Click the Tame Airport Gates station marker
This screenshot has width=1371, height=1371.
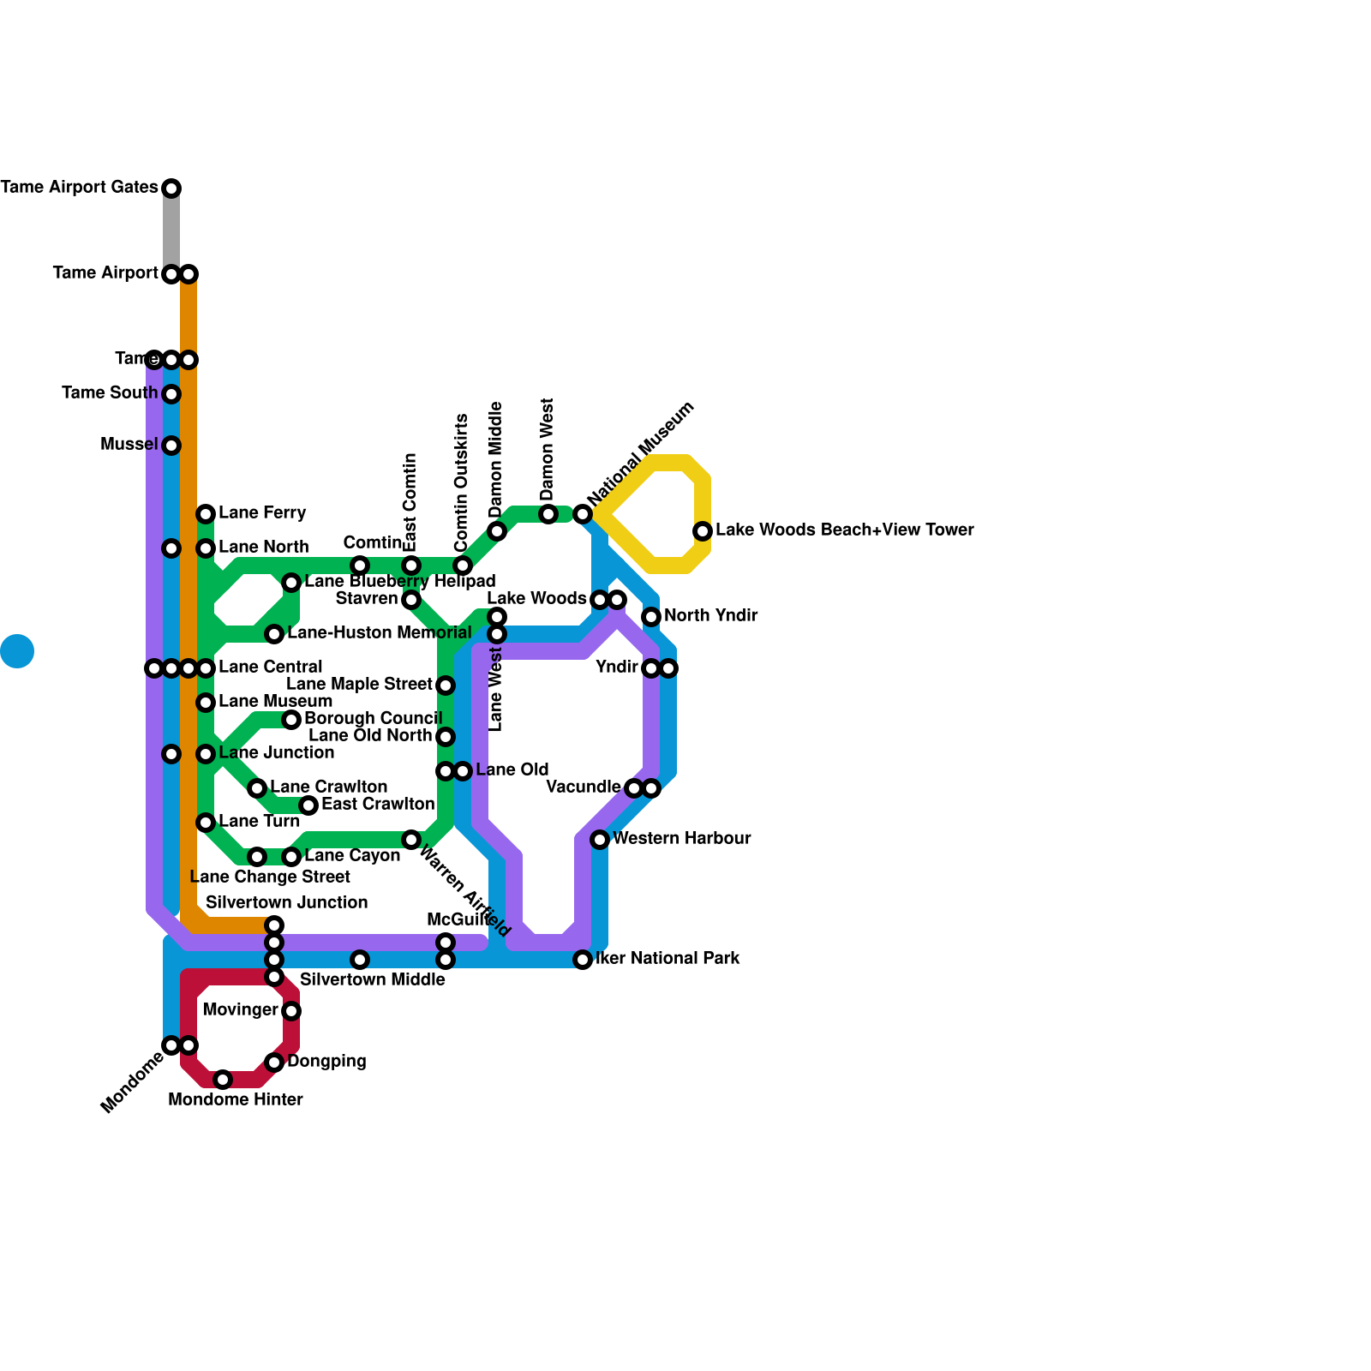[x=171, y=189]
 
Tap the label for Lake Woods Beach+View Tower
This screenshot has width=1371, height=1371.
[x=844, y=530]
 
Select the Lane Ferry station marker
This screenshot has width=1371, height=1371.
[x=206, y=514]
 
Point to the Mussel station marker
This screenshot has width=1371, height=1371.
[x=171, y=446]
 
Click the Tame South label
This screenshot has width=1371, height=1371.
[x=110, y=393]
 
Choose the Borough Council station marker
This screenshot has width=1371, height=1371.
[x=291, y=720]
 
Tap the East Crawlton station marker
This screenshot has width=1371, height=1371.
[x=308, y=805]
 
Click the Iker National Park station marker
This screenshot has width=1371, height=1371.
[x=583, y=960]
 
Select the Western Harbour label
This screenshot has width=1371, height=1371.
[x=681, y=839]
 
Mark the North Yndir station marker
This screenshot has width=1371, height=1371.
[x=651, y=617]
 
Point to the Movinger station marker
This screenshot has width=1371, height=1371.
[x=291, y=1011]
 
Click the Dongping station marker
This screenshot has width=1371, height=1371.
[x=274, y=1063]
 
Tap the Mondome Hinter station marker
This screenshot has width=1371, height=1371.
[x=223, y=1080]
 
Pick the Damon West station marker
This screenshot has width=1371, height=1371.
[x=548, y=514]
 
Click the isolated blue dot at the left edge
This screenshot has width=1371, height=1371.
[x=17, y=651]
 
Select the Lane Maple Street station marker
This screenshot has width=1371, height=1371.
[x=446, y=685]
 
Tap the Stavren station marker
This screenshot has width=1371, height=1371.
[x=411, y=600]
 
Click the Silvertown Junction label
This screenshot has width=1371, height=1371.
[x=286, y=903]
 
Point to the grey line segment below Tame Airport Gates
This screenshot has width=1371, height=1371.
[x=171, y=231]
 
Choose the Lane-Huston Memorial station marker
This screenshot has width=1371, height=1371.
[x=274, y=634]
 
